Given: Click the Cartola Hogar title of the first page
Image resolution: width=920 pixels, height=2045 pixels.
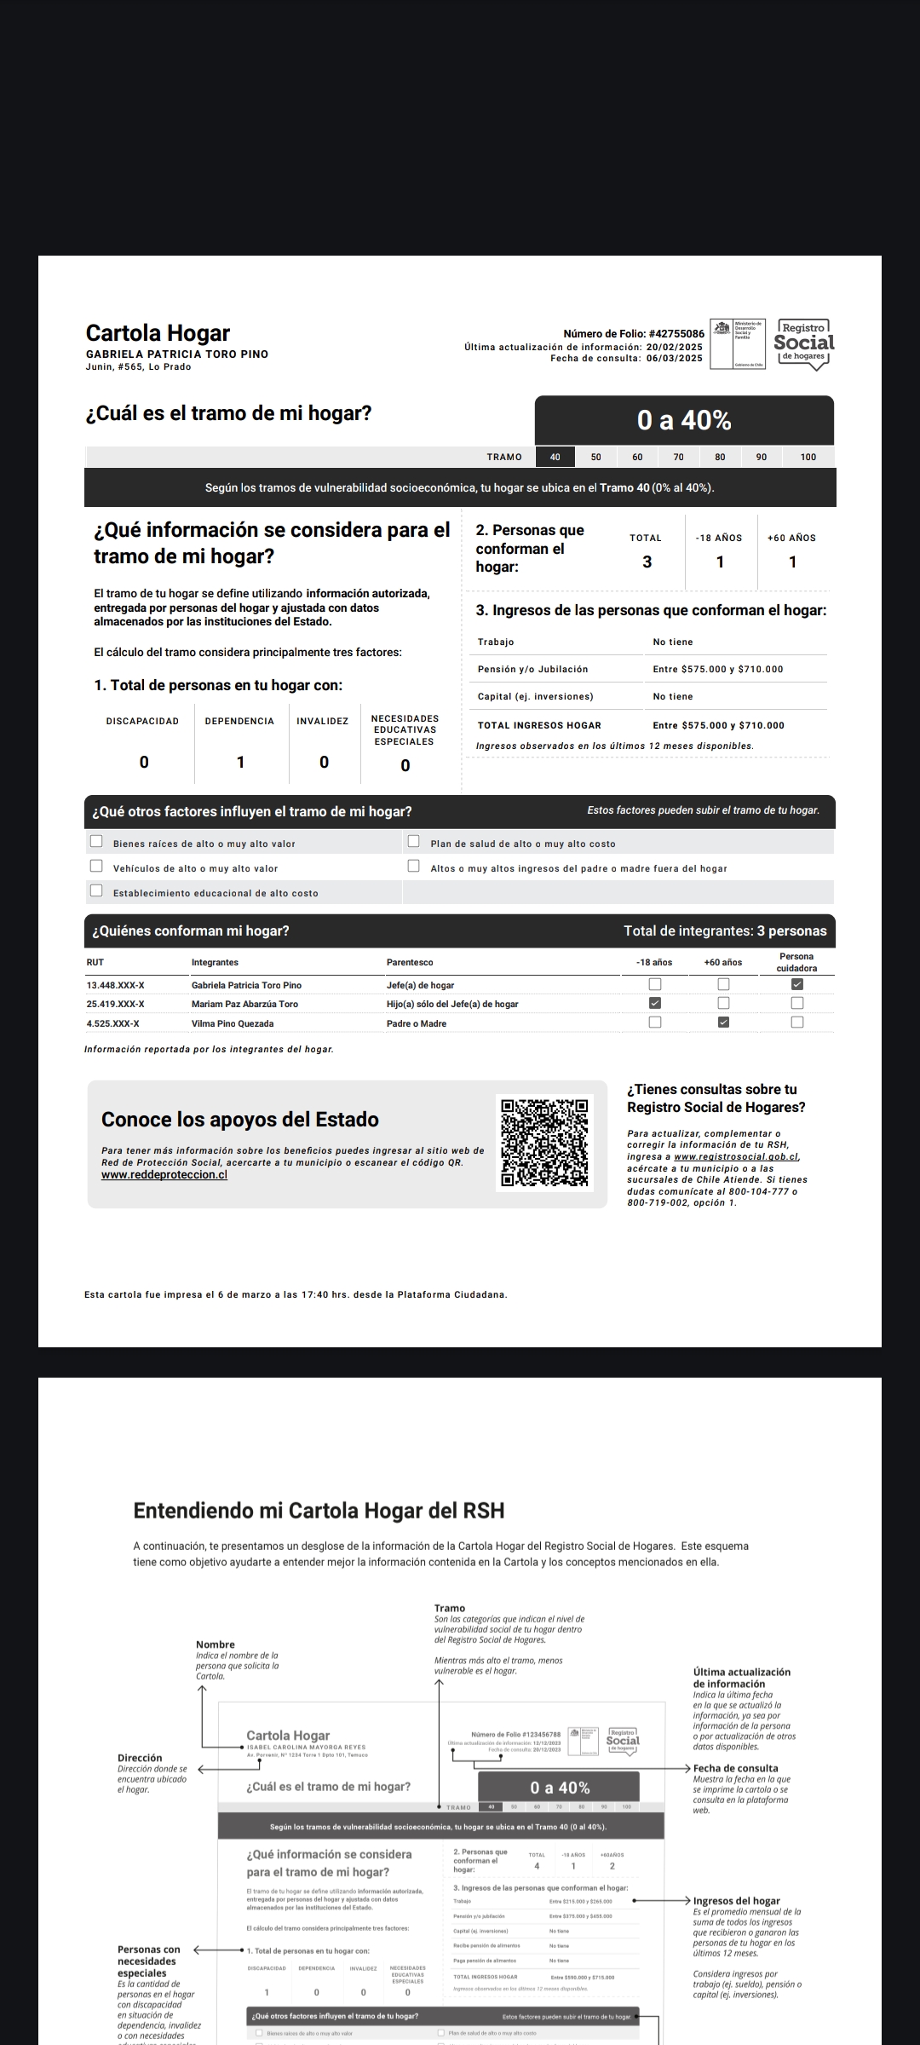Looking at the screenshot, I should (x=158, y=333).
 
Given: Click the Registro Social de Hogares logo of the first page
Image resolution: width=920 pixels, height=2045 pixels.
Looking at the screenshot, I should (x=803, y=343).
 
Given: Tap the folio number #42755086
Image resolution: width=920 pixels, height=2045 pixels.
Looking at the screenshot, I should (x=676, y=334).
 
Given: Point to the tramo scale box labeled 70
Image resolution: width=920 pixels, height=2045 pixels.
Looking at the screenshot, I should (x=678, y=458).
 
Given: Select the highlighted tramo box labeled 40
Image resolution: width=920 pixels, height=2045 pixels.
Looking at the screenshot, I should (x=555, y=458).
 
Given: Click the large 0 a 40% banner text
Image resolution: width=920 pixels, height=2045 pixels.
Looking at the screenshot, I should (x=684, y=420).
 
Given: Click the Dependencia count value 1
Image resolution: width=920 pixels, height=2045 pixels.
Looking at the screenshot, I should (x=240, y=762).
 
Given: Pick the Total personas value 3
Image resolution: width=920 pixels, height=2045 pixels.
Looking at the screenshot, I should (x=647, y=562).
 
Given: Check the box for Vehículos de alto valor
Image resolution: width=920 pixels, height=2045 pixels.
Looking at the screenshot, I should (x=96, y=867).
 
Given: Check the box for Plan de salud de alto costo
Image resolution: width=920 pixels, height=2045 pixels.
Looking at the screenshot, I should (x=414, y=842).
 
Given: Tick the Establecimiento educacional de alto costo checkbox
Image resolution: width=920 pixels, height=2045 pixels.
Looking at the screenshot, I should (x=96, y=891).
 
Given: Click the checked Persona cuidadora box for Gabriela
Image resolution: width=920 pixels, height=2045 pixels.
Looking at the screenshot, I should (x=797, y=984).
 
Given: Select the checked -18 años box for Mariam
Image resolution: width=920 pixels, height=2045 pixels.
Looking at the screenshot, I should (x=655, y=1003).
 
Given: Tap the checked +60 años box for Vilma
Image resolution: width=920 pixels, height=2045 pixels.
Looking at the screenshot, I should (x=723, y=1022).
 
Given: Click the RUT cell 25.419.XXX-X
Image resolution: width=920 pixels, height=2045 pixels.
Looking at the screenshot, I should (x=115, y=1004).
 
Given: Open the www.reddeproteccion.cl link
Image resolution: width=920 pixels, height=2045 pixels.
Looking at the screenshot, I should (x=164, y=1175).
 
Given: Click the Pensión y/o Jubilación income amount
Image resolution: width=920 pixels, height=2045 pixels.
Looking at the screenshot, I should (x=717, y=670).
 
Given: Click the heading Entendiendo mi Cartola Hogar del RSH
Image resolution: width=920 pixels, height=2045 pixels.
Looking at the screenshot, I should (x=319, y=1511).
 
